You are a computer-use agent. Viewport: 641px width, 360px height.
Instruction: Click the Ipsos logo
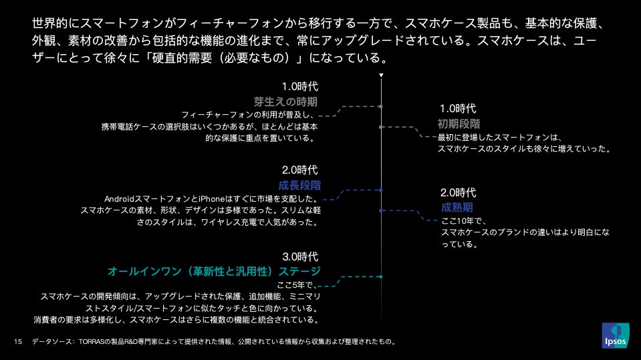point(615,335)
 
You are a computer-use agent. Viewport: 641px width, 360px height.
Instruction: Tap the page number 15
point(18,342)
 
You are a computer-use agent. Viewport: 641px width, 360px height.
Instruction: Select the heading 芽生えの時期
point(285,102)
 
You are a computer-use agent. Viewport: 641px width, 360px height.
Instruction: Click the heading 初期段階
point(459,124)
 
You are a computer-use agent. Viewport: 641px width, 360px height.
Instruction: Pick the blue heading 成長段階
point(299,185)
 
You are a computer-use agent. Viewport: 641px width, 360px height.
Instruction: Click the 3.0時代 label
point(299,256)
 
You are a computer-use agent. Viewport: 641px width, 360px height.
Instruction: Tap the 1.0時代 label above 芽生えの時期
point(299,86)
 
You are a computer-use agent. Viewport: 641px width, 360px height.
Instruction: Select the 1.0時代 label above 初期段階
point(458,108)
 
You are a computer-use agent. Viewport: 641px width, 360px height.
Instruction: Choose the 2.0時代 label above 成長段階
point(299,170)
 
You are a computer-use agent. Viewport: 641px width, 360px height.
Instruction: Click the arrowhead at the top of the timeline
point(381,75)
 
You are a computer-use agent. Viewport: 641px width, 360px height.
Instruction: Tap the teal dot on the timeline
point(381,277)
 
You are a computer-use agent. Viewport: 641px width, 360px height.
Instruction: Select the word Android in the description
point(120,199)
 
